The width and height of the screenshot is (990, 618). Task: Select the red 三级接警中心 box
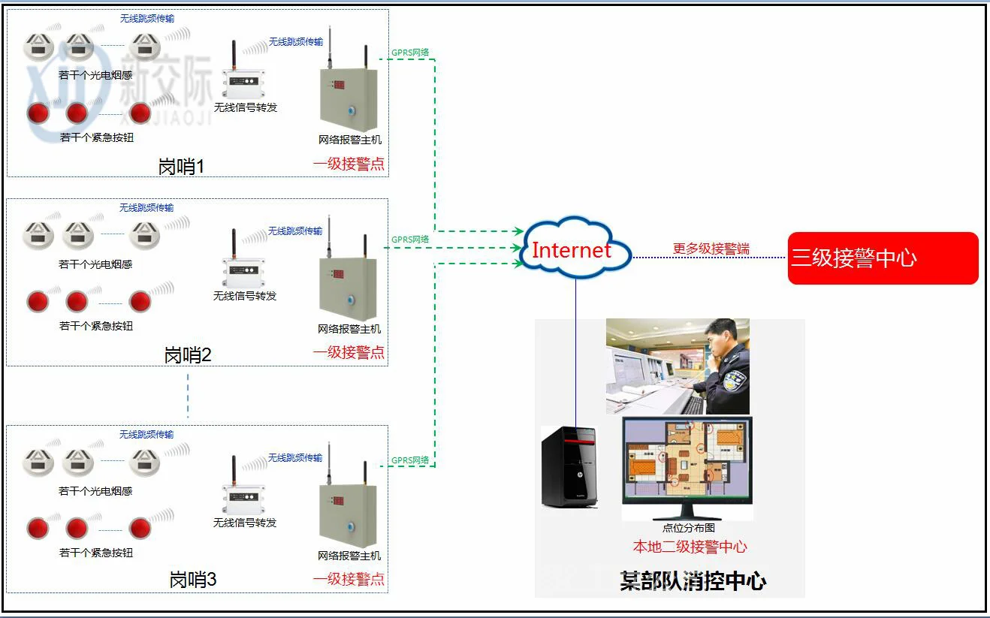coord(883,258)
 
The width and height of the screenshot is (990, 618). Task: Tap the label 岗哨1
coord(181,166)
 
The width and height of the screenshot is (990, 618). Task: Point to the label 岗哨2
coord(188,354)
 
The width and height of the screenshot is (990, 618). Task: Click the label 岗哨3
coord(193,580)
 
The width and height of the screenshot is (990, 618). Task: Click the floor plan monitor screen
coord(687,466)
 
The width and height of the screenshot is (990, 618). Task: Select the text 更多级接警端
coord(711,249)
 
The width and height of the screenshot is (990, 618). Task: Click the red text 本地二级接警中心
coord(690,547)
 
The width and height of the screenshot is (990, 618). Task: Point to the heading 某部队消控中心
coord(693,581)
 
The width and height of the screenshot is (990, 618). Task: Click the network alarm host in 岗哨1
coord(349,95)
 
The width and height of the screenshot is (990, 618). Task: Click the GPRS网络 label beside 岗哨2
coord(410,240)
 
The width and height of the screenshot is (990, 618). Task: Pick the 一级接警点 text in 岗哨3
coord(349,579)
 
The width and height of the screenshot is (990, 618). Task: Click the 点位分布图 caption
coord(689,528)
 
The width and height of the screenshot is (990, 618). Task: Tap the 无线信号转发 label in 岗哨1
coord(246,107)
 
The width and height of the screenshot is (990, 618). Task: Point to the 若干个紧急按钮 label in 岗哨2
coord(96,326)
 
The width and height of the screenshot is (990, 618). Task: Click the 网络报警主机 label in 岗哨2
coord(349,329)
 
